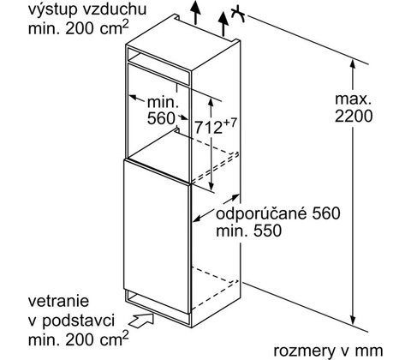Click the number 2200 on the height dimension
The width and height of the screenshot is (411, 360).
pyautogui.click(x=354, y=116)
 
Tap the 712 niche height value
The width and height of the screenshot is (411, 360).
pyautogui.click(x=208, y=127)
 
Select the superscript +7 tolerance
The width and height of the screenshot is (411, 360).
pyautogui.click(x=230, y=123)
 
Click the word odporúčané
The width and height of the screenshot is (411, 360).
pyautogui.click(x=262, y=213)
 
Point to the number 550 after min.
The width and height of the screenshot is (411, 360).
pyautogui.click(x=267, y=231)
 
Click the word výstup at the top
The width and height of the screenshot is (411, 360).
pyautogui.click(x=52, y=10)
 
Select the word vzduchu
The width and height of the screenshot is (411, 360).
pyautogui.click(x=115, y=9)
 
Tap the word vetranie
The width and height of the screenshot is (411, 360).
pyautogui.click(x=59, y=301)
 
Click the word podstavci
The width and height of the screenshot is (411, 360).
pyautogui.click(x=78, y=321)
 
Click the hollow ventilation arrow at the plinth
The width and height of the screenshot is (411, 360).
pyautogui.click(x=141, y=319)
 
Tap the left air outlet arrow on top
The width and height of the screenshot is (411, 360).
pyautogui.click(x=195, y=12)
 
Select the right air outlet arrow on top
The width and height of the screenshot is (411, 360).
pyautogui.click(x=223, y=24)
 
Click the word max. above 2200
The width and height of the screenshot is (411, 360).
pyautogui.click(x=354, y=99)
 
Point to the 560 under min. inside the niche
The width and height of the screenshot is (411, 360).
pyautogui.click(x=161, y=118)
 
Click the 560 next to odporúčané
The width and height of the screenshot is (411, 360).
pyautogui.click(x=326, y=213)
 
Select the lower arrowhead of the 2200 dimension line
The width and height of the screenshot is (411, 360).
pyautogui.click(x=354, y=320)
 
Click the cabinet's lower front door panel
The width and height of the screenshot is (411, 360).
pyautogui.click(x=157, y=236)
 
